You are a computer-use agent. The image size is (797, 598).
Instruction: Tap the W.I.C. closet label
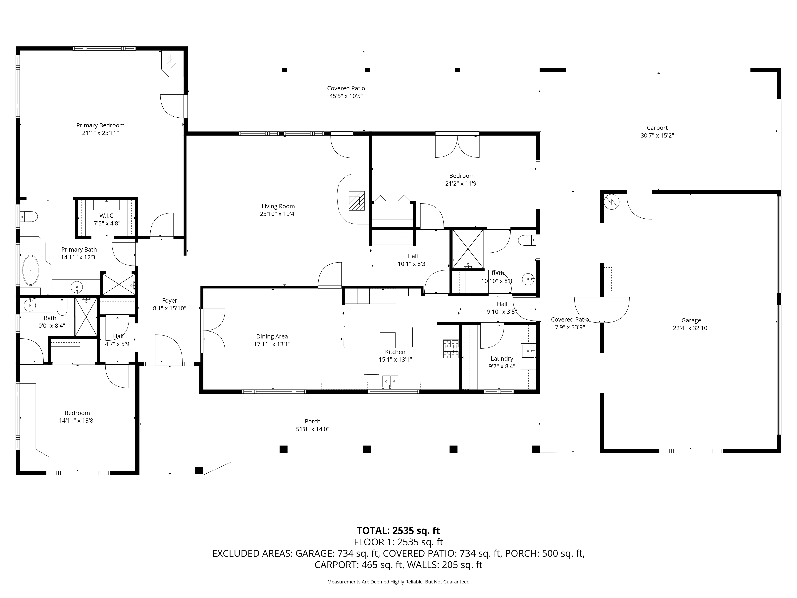pos(107,215)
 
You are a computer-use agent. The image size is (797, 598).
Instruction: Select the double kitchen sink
pos(390,381)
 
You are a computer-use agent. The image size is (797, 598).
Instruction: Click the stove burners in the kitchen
pos(451,349)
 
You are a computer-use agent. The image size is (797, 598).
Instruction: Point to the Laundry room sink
pos(528,351)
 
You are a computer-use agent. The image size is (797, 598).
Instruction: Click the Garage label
pos(691,320)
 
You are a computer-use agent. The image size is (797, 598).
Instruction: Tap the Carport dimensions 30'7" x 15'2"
pos(657,136)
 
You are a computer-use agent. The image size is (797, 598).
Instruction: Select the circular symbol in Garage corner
pos(612,202)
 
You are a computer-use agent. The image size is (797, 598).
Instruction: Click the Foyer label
pos(169,300)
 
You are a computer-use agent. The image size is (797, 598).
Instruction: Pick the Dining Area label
pos(272,336)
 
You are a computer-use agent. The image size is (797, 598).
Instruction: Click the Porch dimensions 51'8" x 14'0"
pos(312,429)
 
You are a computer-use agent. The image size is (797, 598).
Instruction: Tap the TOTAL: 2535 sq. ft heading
pos(398,531)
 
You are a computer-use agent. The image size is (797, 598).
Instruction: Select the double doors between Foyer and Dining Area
pos(213,330)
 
